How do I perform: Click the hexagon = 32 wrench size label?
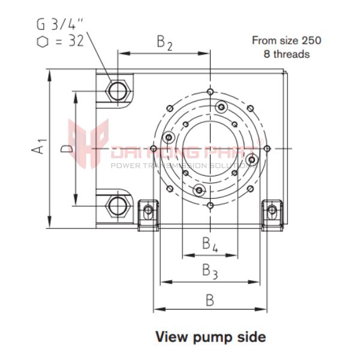click(59, 41)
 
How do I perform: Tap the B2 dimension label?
click(165, 42)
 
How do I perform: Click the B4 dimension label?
click(209, 244)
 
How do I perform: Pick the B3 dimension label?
click(209, 271)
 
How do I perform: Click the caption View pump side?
click(210, 337)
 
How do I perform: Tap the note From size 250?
click(286, 41)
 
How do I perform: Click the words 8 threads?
click(287, 54)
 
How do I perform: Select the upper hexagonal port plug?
click(116, 91)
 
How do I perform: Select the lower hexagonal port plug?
click(116, 206)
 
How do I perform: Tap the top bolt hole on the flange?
click(209, 91)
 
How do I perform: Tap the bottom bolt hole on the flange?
click(209, 206)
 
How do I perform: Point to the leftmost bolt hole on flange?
click(154, 148)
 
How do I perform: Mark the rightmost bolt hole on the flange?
click(266, 148)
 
